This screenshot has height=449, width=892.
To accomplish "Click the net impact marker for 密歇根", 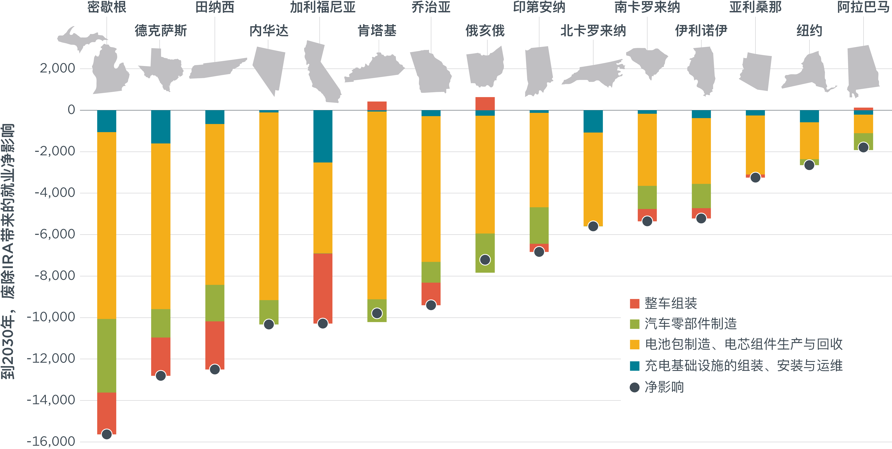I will click(x=107, y=434).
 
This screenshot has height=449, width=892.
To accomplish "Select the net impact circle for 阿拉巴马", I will click(x=863, y=147).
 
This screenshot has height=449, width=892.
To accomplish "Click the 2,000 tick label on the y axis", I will click(x=57, y=68).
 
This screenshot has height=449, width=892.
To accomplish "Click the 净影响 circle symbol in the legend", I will click(x=634, y=387).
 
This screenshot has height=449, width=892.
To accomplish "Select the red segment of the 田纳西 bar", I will click(x=215, y=345).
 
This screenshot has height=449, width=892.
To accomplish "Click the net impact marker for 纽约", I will click(x=809, y=165).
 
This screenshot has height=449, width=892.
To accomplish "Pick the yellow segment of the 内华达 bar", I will click(x=269, y=206).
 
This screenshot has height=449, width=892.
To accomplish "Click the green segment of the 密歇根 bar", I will click(x=107, y=355).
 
